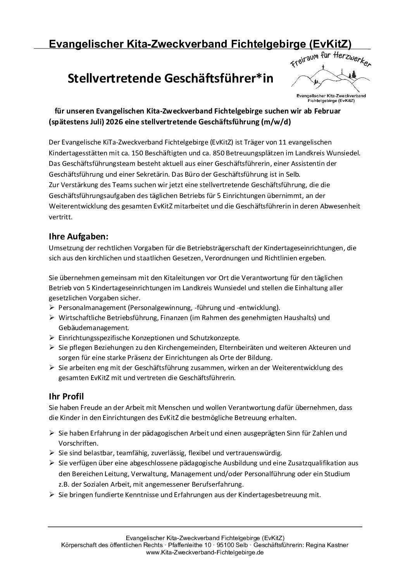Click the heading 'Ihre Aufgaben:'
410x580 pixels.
click(76, 236)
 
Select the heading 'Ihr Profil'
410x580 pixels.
click(66, 396)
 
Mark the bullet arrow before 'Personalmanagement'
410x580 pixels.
click(52, 307)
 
